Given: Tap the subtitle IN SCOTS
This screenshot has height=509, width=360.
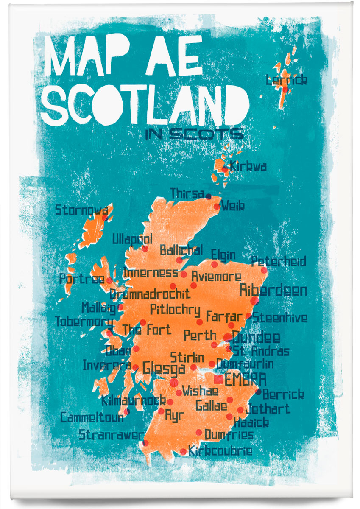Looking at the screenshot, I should tap(194, 134).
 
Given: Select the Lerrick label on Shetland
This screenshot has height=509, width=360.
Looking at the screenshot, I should tap(286, 80).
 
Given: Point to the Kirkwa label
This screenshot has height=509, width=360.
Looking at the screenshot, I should tap(248, 166).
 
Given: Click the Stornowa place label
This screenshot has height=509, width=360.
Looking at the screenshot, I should tap(81, 210).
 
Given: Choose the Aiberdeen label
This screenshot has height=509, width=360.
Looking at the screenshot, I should tap(273, 291).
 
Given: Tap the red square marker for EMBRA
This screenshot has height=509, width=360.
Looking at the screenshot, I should tap(219, 378).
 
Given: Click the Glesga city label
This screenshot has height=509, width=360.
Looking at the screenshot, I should tap(164, 368).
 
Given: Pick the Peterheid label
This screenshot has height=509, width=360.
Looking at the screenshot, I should tap(278, 261).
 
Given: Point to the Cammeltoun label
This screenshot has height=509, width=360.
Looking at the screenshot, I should tap(92, 417).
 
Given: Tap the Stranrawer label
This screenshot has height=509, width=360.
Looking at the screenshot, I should tap(111, 435).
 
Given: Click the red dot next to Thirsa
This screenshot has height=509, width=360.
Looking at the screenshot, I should tap(208, 196).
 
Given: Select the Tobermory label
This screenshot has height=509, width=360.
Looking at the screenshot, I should tap(84, 322).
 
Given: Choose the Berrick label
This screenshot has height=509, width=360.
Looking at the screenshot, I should tap(283, 394).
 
